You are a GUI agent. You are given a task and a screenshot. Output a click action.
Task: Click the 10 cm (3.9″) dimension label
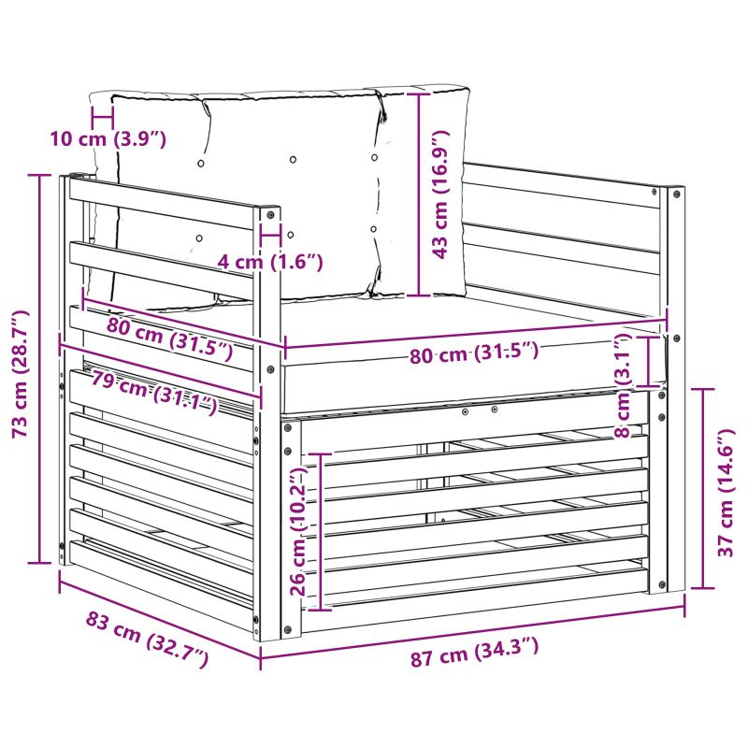click(108, 139)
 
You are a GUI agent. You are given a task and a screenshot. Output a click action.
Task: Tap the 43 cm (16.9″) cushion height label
click(440, 194)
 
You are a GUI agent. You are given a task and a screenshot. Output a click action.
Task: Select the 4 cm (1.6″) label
click(270, 262)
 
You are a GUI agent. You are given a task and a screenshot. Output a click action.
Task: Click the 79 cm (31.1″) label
click(154, 392)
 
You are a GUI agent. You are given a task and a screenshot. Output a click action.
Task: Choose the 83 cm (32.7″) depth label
click(147, 639)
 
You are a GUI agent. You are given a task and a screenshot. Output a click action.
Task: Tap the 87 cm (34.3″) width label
click(475, 652)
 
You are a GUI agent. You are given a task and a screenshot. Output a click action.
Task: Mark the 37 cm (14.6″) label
click(726, 493)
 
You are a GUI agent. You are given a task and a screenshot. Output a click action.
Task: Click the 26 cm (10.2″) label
click(298, 531)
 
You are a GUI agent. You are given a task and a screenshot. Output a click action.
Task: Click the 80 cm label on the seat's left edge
click(170, 338)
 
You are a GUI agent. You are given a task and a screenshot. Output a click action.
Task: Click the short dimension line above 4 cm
click(271, 235)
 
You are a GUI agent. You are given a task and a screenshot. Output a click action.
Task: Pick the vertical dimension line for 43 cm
click(419, 194)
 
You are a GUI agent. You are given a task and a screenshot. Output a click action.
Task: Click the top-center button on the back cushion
click(293, 159)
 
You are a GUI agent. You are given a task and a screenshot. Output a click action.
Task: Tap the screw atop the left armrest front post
click(271, 215)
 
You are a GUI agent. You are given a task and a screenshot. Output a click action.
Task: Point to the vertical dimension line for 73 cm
click(40, 368)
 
